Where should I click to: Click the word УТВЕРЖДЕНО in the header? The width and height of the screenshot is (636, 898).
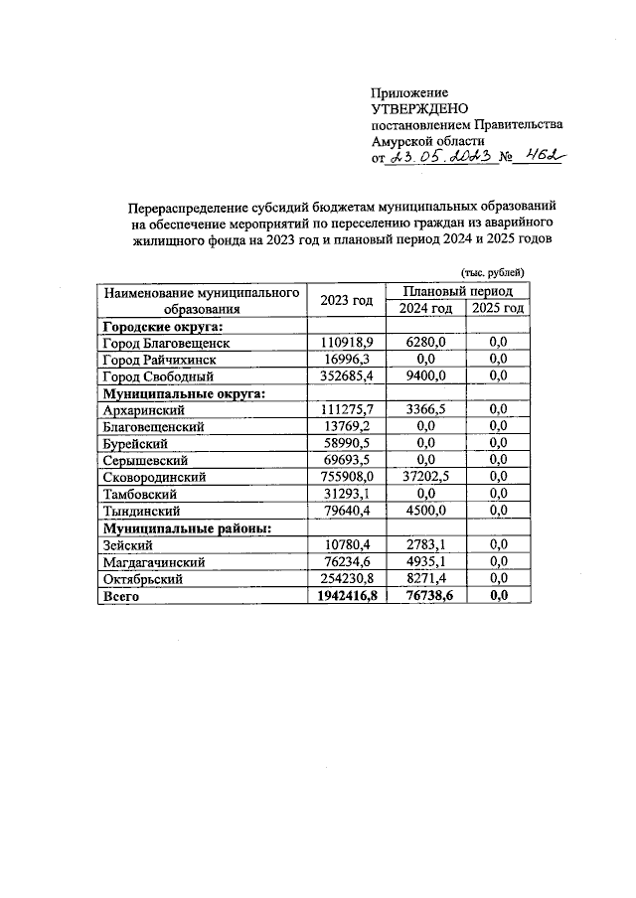coord(419,108)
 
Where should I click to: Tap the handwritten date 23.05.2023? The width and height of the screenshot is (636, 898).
coord(440,156)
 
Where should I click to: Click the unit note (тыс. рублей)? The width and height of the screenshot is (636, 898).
coord(491,272)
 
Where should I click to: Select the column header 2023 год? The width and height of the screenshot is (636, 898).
coord(347,300)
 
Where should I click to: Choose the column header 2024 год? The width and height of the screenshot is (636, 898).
coord(426,309)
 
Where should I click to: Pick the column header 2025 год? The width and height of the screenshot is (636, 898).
coord(498,309)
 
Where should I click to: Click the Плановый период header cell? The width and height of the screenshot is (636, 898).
coord(462,291)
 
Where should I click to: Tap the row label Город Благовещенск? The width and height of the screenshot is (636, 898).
coord(167,342)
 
